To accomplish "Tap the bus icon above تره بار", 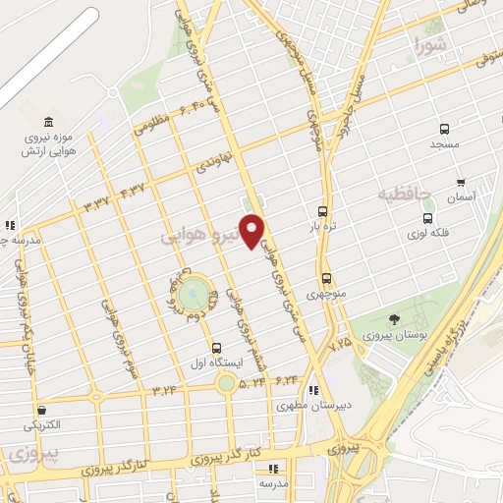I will (322, 211).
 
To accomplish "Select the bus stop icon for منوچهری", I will (326, 278).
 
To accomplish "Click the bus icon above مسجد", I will (444, 129).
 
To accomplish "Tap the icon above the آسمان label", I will (460, 183).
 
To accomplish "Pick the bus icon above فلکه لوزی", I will (427, 218).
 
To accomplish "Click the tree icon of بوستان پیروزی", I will (395, 319).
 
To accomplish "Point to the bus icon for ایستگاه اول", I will (217, 347).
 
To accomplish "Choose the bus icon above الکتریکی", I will (41, 411).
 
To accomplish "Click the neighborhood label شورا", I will (430, 45).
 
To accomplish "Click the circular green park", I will (193, 292).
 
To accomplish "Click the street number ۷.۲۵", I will (340, 343).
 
